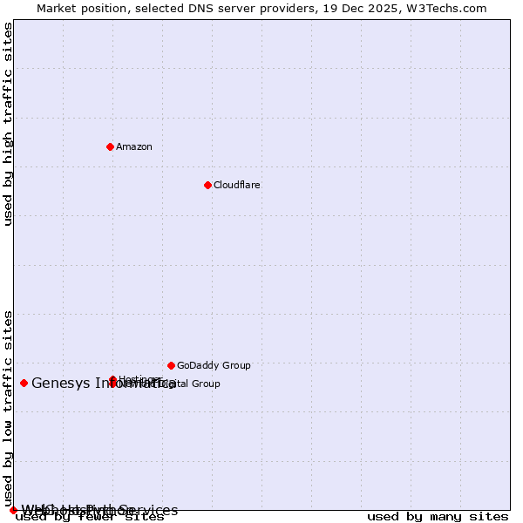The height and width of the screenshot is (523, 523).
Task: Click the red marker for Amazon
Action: click(x=110, y=146)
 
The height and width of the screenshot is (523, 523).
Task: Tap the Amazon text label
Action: click(x=133, y=146)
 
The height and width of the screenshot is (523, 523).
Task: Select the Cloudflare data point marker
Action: click(x=207, y=185)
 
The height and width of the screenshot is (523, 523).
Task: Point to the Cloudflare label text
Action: click(x=236, y=185)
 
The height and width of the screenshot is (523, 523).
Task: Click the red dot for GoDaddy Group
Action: click(x=171, y=365)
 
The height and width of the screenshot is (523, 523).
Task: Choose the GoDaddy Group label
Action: click(x=214, y=365)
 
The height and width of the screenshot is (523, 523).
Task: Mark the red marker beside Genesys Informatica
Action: click(x=24, y=383)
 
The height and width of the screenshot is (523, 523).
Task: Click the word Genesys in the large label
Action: click(x=61, y=383)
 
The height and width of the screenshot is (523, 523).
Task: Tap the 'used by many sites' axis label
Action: click(x=438, y=516)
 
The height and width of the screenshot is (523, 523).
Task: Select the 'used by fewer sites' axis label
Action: click(x=90, y=516)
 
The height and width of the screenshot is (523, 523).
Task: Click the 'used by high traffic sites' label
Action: click(x=8, y=124)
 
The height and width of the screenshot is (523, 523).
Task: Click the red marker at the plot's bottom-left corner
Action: click(x=13, y=510)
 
